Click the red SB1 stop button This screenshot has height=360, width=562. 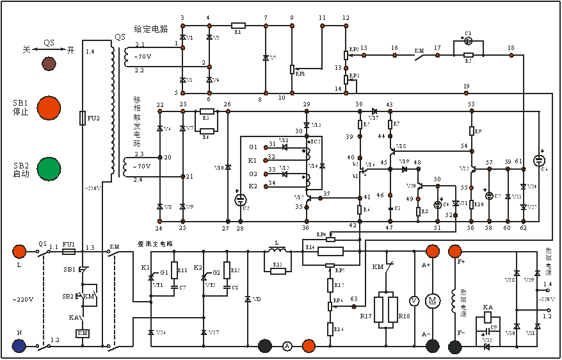click(49, 107)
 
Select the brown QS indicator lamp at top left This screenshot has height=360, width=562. click(49, 63)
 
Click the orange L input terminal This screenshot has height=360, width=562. click(19, 250)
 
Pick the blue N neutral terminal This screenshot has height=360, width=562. click(19, 346)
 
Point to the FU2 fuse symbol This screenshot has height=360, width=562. click(83, 118)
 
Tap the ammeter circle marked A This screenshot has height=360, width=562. click(287, 346)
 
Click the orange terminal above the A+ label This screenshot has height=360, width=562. click(431, 250)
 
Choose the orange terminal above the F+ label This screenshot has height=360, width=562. click(455, 250)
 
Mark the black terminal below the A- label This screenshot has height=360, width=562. click(433, 346)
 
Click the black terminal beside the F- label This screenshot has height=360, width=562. click(455, 347)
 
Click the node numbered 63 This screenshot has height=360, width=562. click(355, 298)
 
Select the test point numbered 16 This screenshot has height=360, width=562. click(395, 48)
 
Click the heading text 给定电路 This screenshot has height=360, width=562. click(150, 29)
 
